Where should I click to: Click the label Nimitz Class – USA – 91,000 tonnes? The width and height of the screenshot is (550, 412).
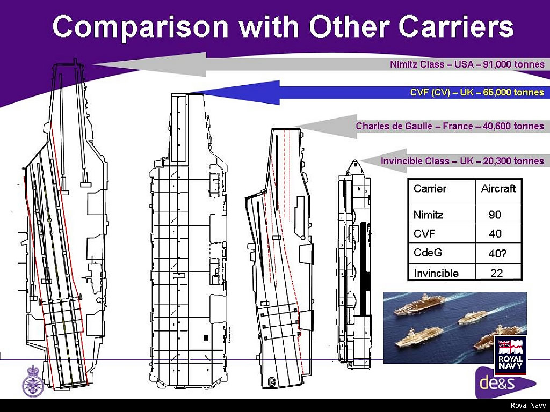(467, 64)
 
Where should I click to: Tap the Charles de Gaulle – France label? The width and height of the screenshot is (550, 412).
(450, 127)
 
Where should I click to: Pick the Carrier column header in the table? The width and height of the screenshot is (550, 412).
(430, 188)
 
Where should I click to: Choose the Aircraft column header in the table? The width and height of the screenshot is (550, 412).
(498, 188)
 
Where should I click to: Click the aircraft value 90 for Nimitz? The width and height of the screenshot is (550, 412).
(495, 215)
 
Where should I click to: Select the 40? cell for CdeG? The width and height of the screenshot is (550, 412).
(497, 253)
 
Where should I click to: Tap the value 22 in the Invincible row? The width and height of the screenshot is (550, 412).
(496, 273)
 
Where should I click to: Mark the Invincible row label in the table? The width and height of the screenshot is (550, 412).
(436, 273)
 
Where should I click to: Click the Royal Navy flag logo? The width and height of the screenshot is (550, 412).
(511, 355)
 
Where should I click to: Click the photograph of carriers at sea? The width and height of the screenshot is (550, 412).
(440, 327)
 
